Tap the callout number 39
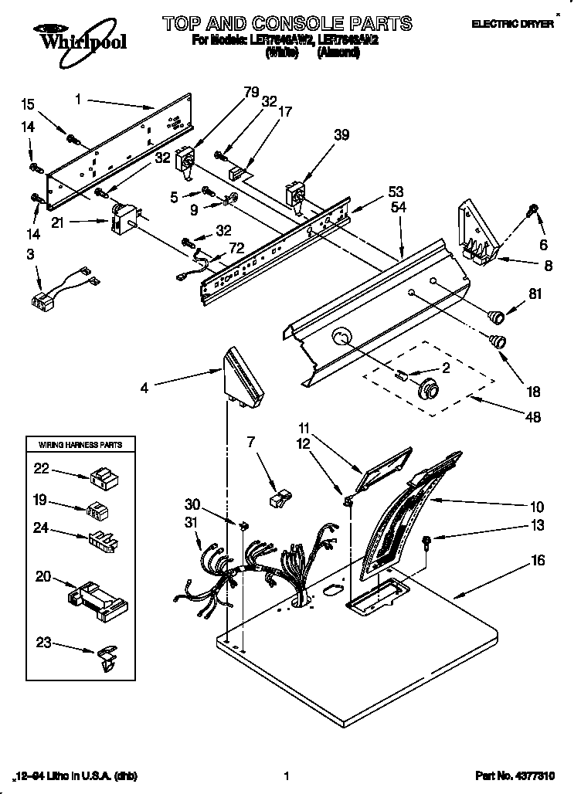(x=320, y=135)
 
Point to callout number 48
(x=532, y=417)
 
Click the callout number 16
(x=538, y=561)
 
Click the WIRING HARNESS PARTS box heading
(x=75, y=445)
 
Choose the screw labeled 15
(x=73, y=139)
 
